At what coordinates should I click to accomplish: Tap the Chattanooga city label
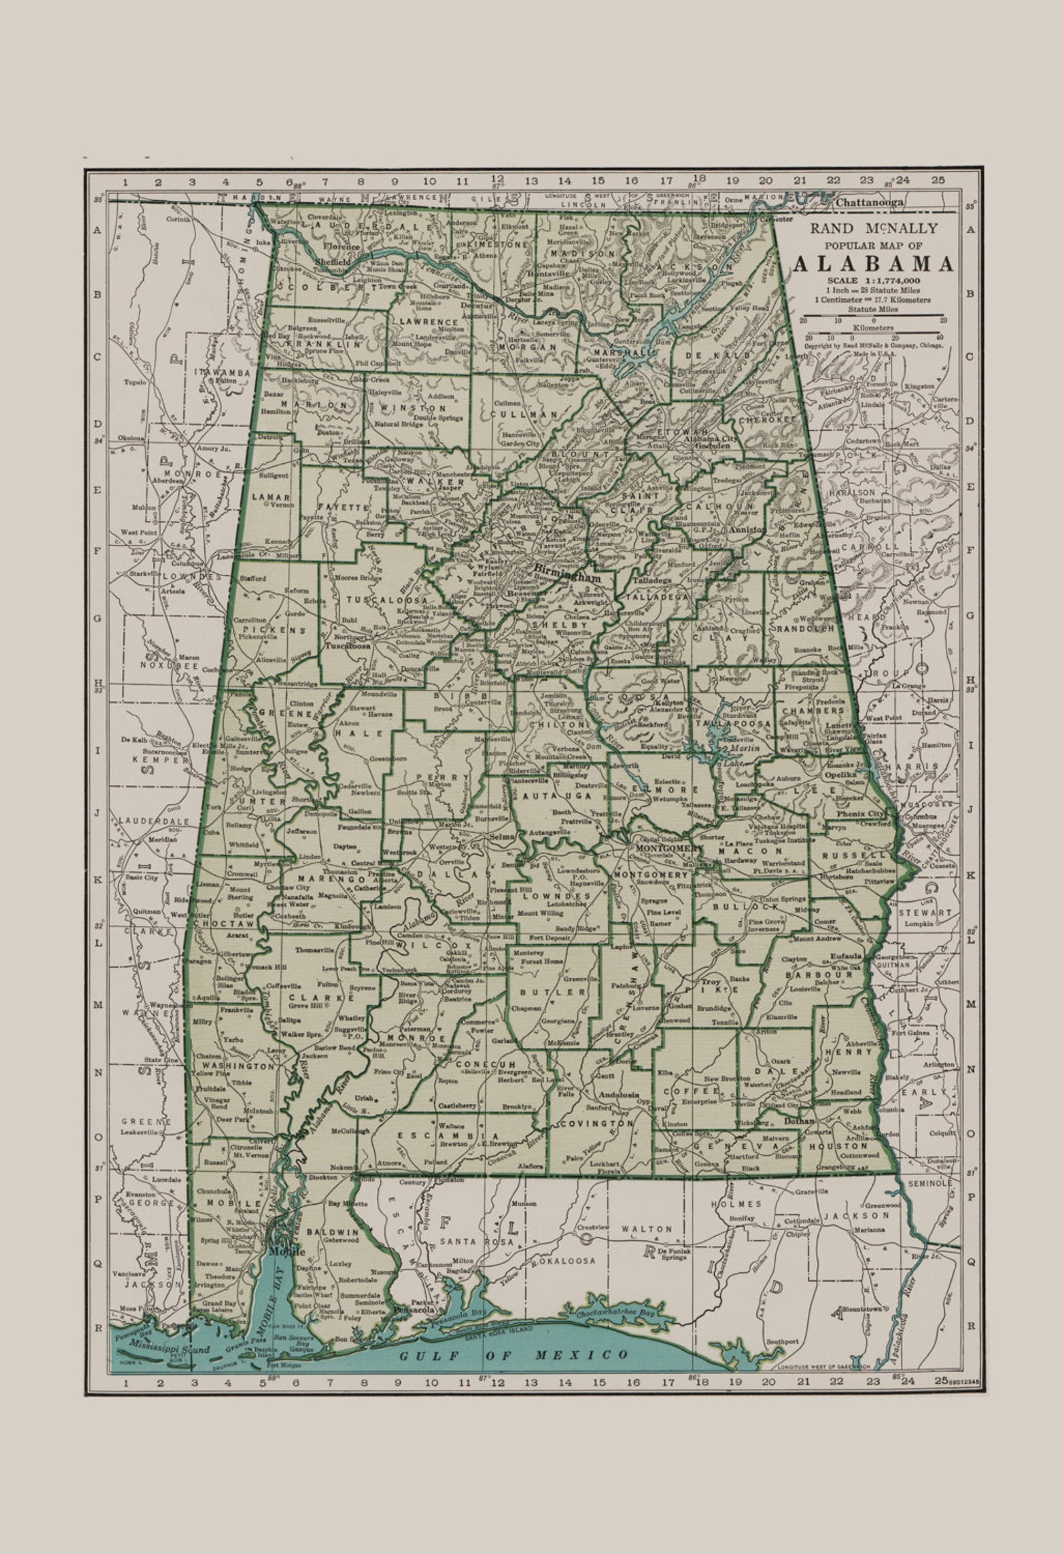869,203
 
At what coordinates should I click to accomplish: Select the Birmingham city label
568,575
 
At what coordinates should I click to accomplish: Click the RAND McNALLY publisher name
874,228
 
